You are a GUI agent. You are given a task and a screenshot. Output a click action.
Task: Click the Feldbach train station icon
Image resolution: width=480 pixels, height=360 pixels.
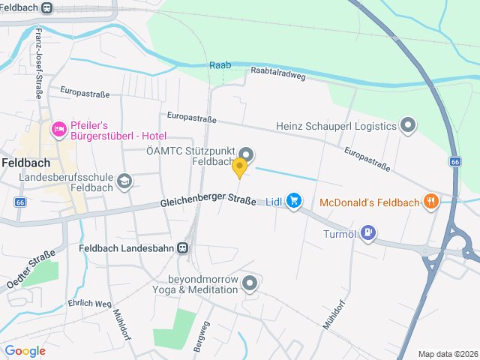47,8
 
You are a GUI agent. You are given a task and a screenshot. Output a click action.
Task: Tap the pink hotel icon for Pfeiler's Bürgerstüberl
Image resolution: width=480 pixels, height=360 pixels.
58,130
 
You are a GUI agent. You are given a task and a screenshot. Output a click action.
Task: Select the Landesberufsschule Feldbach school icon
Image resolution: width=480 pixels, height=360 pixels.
123,181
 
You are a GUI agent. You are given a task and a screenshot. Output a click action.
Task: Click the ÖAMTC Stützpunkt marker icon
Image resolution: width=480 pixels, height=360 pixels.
247,155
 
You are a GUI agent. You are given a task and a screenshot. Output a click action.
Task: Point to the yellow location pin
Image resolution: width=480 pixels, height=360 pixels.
240,167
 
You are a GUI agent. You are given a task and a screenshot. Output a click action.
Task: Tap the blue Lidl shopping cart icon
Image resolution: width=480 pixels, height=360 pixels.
293,200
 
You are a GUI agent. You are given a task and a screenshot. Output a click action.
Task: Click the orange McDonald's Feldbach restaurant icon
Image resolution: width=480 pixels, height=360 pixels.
430,201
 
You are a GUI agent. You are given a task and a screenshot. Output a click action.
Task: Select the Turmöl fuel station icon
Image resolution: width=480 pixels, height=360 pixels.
367,232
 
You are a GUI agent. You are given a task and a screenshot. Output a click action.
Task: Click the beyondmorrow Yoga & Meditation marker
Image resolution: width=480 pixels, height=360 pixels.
250,283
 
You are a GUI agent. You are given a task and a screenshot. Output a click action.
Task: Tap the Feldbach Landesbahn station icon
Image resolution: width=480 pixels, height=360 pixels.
182,247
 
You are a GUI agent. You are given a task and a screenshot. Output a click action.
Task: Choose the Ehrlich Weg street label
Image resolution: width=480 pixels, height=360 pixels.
90,304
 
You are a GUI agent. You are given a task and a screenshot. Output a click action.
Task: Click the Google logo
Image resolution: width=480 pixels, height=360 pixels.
25,351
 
